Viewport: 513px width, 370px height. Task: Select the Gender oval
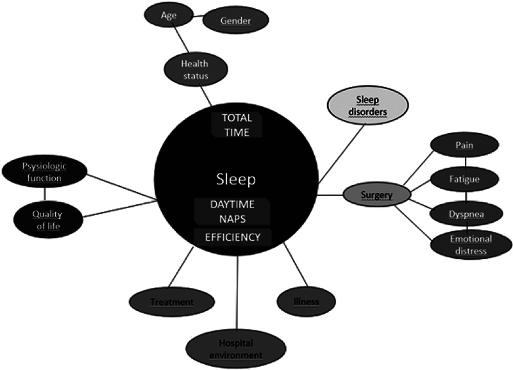click(x=235, y=20)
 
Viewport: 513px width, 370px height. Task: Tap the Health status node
click(x=195, y=68)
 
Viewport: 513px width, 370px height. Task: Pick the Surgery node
click(x=376, y=194)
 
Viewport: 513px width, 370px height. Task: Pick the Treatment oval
click(x=171, y=300)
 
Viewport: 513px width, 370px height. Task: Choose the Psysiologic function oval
click(x=44, y=172)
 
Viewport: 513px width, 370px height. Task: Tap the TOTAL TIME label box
click(x=237, y=124)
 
